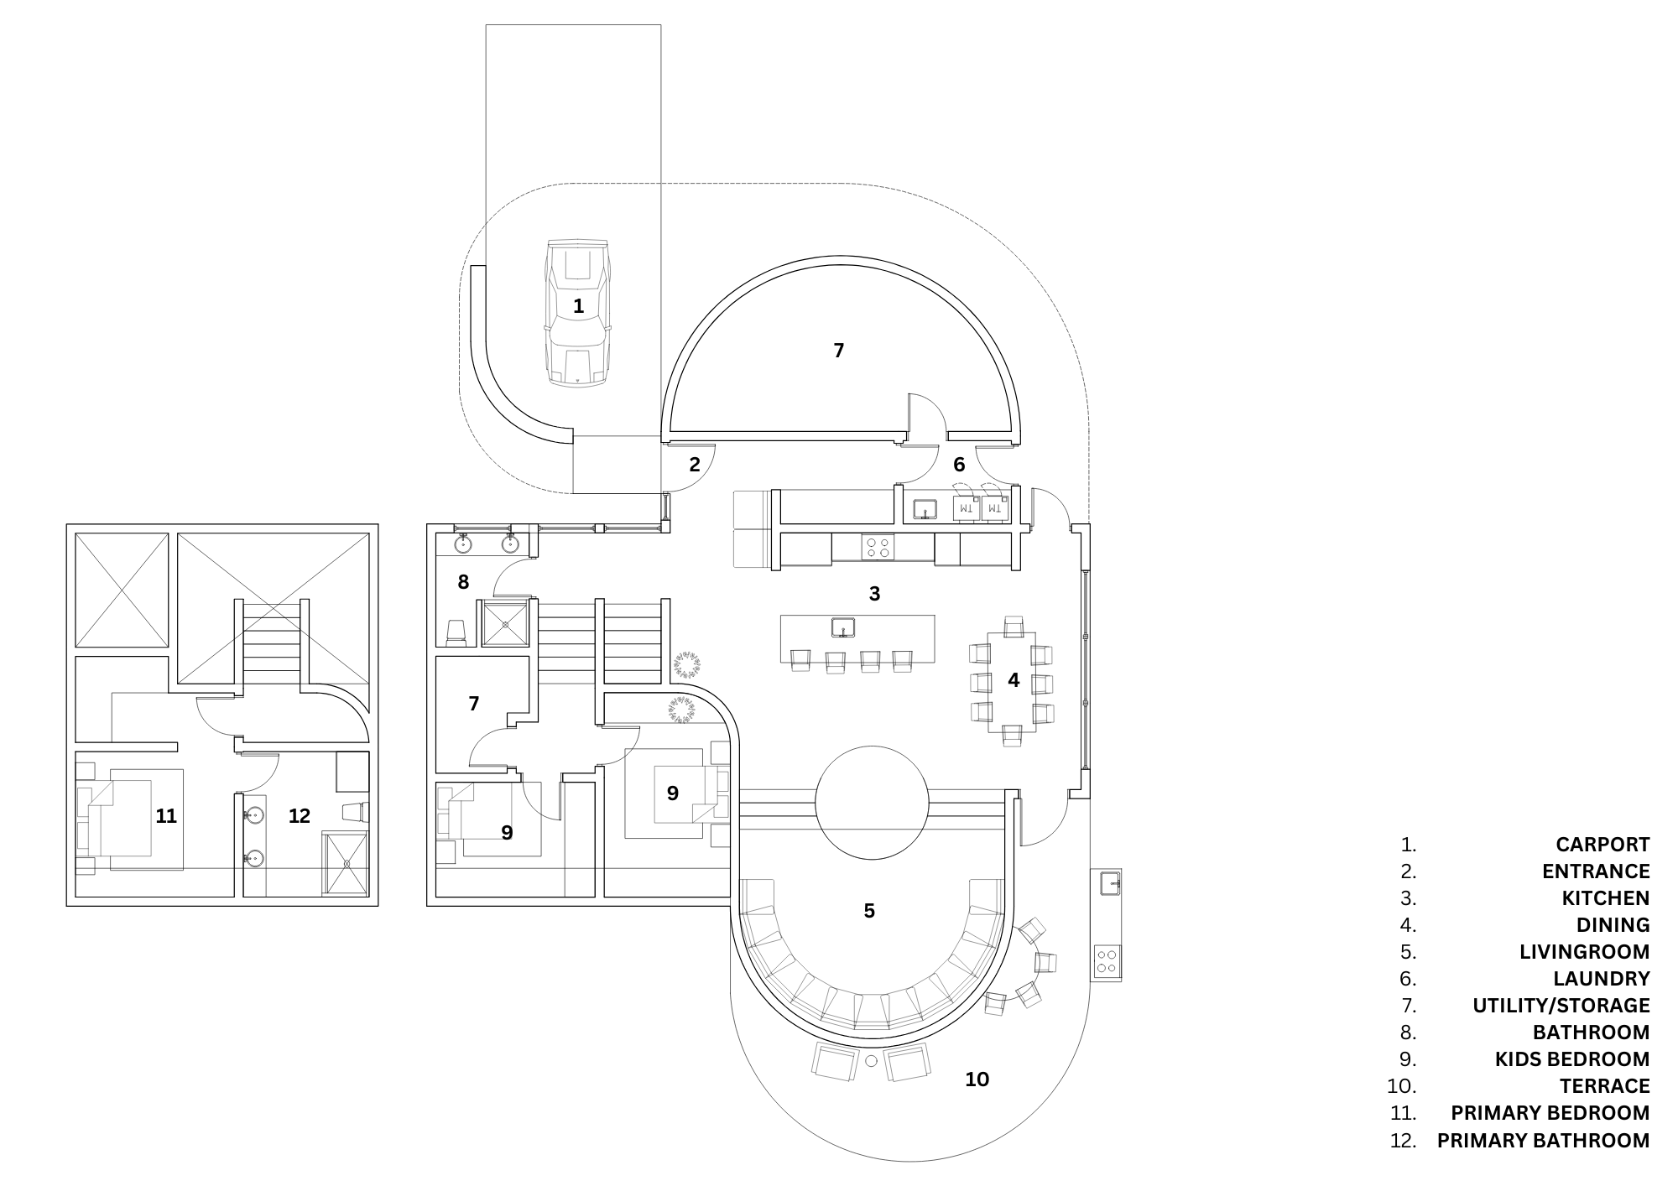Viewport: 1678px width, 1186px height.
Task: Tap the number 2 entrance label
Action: [695, 464]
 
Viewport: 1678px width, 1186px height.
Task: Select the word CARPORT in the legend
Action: [1602, 845]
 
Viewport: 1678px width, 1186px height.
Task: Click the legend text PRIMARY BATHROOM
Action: [1543, 1141]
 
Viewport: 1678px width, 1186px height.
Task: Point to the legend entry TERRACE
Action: [1604, 1086]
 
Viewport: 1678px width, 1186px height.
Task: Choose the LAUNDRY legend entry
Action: [1601, 979]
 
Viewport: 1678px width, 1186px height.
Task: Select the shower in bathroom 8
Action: [505, 623]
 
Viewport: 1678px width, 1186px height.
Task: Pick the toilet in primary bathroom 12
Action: [355, 811]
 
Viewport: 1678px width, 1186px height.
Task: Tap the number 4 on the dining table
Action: [1013, 680]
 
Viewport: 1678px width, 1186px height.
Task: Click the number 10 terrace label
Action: [977, 1079]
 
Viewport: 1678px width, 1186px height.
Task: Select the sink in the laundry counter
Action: [925, 509]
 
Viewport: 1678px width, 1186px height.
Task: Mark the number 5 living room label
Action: [869, 910]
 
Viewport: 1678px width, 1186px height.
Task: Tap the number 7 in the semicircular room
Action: [838, 351]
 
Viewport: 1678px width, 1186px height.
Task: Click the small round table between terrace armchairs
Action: [871, 1061]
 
